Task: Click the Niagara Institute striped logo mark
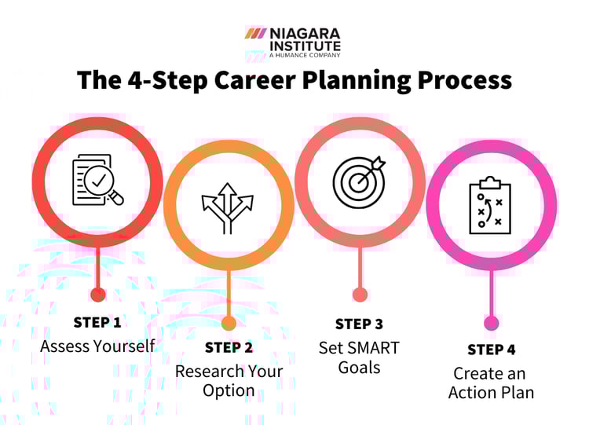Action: pyautogui.click(x=256, y=33)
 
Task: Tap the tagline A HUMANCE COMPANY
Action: pyautogui.click(x=305, y=55)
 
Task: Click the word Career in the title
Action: pyautogui.click(x=264, y=81)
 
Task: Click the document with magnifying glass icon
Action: pyautogui.click(x=97, y=181)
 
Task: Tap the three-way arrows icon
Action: pyautogui.click(x=229, y=207)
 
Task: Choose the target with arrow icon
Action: pyautogui.click(x=360, y=181)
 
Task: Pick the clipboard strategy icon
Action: pyautogui.click(x=491, y=204)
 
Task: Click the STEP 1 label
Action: pyautogui.click(x=97, y=322)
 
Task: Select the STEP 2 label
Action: pyautogui.click(x=229, y=347)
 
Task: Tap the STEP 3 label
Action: pyautogui.click(x=359, y=324)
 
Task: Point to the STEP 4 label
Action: pyautogui.click(x=491, y=349)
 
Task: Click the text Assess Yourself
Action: pyautogui.click(x=97, y=346)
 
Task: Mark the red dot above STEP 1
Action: pyautogui.click(x=98, y=295)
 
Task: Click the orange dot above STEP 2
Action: pyautogui.click(x=229, y=322)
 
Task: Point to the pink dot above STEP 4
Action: pyautogui.click(x=491, y=322)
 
